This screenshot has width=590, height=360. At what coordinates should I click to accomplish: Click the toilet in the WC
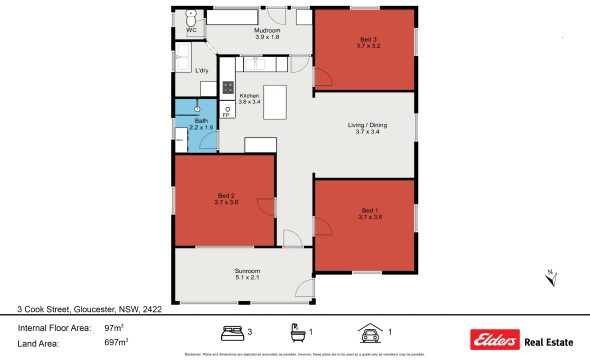pos(191,19)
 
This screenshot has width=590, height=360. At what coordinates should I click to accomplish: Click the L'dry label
pos(201,70)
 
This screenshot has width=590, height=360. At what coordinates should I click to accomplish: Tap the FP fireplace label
pos(226,115)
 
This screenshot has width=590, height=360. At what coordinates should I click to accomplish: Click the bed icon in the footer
pos(231,331)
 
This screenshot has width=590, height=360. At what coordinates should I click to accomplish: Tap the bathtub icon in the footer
pos(296,331)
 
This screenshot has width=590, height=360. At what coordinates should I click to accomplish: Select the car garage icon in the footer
pos(368,331)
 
